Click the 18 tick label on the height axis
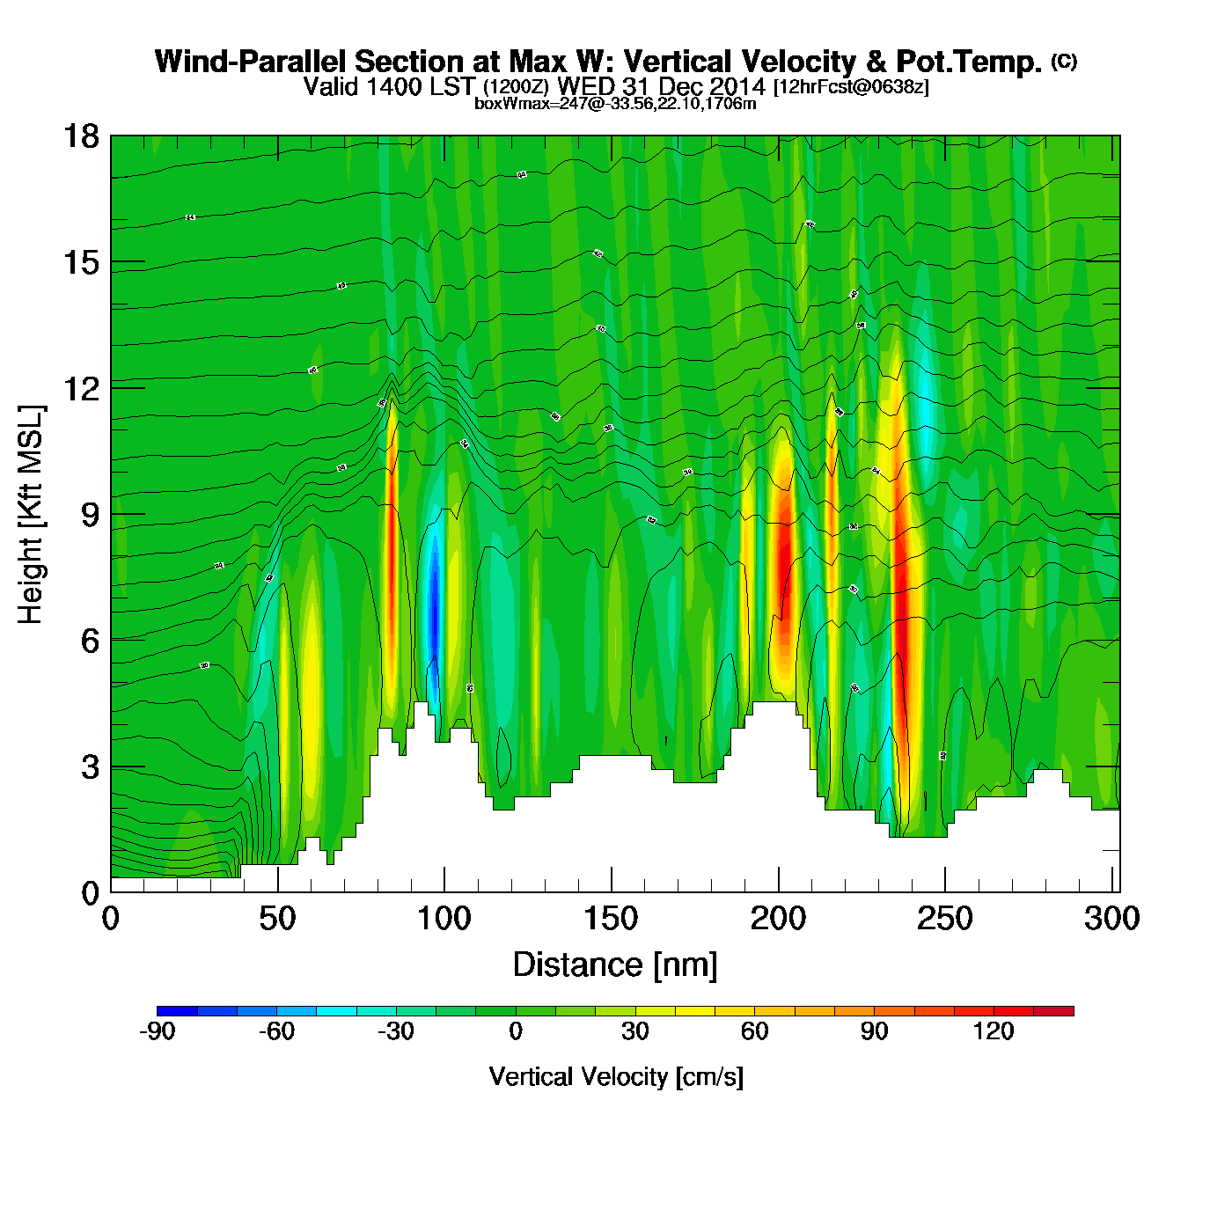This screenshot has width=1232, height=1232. pos(81,137)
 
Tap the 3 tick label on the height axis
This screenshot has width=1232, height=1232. pos(90,767)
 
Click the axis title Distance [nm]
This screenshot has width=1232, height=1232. pos(615,965)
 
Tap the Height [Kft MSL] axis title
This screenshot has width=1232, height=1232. pos(31,515)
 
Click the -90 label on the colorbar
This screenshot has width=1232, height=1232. pos(157,1031)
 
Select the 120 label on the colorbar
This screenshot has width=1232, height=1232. pos(994,1031)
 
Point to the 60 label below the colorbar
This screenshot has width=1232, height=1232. pos(754,1031)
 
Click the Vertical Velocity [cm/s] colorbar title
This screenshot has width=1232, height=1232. pos(616,1077)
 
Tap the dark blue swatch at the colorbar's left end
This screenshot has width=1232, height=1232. pos(177,1011)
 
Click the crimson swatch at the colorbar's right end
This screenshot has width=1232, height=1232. pos(1053,1011)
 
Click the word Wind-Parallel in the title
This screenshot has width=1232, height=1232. pos(252,62)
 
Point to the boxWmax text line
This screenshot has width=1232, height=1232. pos(615,104)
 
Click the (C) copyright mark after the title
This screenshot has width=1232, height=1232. pos(1064,61)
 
